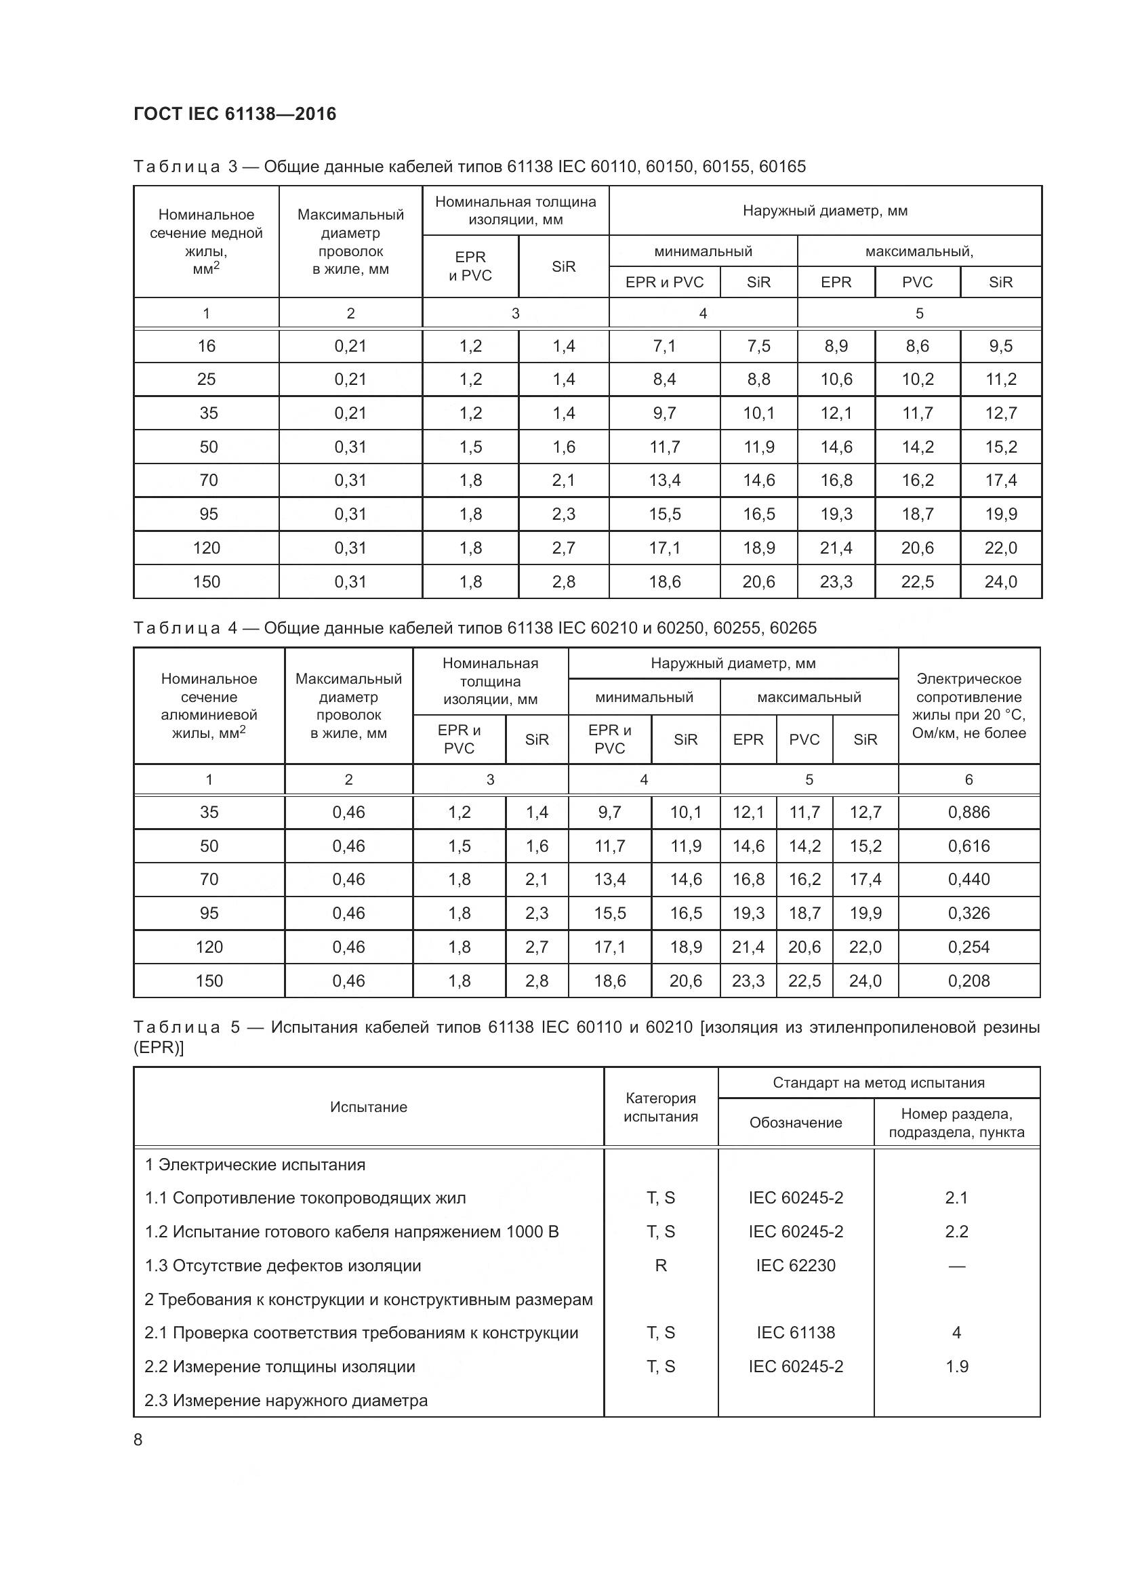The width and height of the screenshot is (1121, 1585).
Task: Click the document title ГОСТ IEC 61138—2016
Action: click(235, 114)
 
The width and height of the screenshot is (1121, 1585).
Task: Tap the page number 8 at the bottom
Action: click(138, 1439)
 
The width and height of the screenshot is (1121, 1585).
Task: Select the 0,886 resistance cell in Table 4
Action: click(969, 812)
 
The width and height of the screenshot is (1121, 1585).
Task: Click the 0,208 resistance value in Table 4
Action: click(969, 981)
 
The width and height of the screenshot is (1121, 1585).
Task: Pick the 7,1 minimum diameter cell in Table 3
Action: click(664, 346)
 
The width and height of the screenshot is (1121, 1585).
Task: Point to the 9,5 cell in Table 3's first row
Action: click(1000, 346)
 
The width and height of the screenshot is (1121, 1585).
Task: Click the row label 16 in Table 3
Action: click(207, 346)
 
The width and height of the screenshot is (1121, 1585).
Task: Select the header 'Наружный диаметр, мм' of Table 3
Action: click(825, 211)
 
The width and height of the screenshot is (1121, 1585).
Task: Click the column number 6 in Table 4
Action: click(969, 779)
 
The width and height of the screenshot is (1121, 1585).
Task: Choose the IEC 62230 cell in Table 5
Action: click(795, 1265)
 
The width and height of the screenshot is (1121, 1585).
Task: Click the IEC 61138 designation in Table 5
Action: click(795, 1332)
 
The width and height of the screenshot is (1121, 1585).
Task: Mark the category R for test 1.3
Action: click(661, 1265)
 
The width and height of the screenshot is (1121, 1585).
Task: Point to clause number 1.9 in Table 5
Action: click(956, 1366)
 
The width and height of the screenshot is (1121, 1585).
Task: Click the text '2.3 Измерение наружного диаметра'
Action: click(286, 1400)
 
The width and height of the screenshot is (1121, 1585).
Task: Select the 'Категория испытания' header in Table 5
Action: click(661, 1107)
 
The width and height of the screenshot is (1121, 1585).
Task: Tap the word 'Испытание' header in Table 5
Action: click(368, 1107)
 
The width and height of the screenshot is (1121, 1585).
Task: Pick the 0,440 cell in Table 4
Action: click(969, 879)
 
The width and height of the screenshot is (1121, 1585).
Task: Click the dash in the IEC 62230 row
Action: click(956, 1265)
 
